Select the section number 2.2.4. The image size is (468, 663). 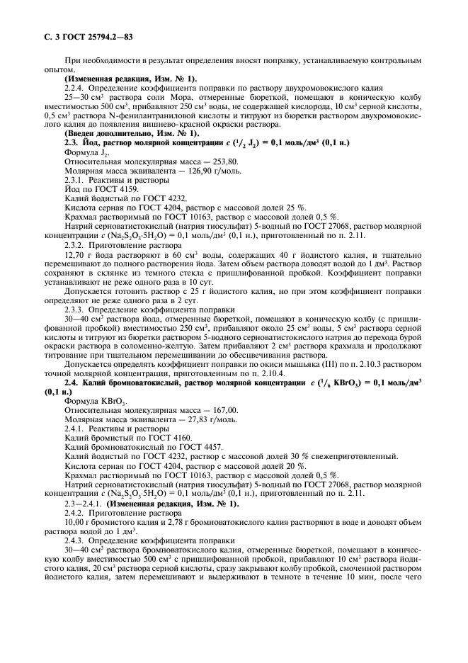click(76, 86)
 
